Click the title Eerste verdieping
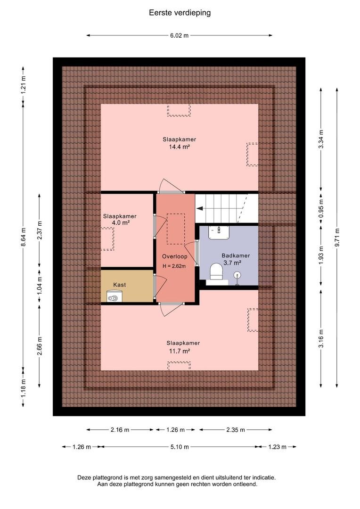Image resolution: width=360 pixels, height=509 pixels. point(180,13)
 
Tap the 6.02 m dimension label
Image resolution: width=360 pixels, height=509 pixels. point(179,35)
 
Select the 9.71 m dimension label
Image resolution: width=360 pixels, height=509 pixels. point(337,238)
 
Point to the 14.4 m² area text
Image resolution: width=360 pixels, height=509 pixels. point(179,147)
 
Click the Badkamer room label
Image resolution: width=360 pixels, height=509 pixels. point(236,255)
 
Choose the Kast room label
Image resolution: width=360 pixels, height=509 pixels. point(120,285)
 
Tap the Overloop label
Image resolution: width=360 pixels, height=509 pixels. point(175,256)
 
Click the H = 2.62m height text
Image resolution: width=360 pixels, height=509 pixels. point(174,266)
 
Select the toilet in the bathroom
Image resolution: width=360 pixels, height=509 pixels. point(216,271)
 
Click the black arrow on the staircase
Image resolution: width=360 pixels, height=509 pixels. point(200,208)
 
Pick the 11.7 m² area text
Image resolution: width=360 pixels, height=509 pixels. point(180,351)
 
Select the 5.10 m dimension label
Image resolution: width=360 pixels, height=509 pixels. point(180,447)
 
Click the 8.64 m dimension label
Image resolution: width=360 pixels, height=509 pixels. point(23,237)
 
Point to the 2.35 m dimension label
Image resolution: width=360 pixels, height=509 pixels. point(236,430)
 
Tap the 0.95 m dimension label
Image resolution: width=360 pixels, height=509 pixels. point(321,208)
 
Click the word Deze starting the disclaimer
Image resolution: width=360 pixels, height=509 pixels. point(84,478)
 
